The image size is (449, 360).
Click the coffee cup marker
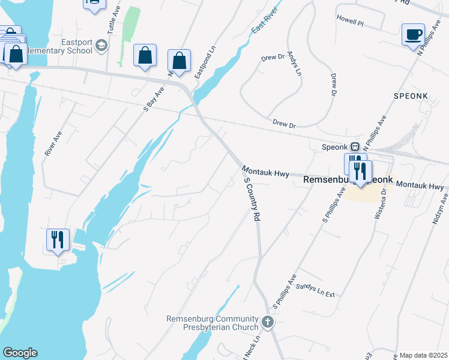pyautogui.click(x=413, y=35)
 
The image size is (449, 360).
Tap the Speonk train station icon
pyautogui.click(x=355, y=146)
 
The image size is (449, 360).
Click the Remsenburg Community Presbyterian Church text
pyautogui.click(x=213, y=323)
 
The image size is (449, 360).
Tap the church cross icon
pyautogui.click(x=268, y=323)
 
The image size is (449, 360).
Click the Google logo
pyautogui.click(x=20, y=353)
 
